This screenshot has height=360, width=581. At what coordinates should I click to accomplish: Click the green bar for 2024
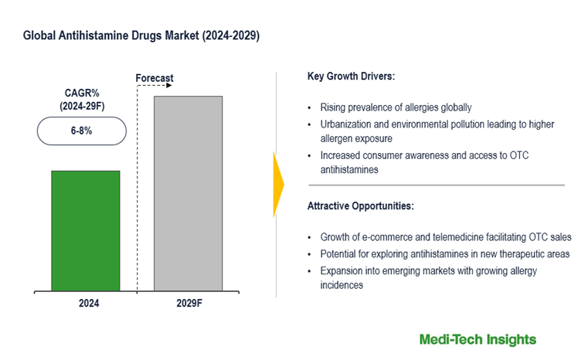point(86,231)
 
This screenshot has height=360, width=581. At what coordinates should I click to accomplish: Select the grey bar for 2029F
point(188,193)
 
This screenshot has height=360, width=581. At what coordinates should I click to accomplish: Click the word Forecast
point(155,78)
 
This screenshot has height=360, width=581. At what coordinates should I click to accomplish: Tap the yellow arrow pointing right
point(279,185)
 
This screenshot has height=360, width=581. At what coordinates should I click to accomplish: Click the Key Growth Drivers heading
point(352,77)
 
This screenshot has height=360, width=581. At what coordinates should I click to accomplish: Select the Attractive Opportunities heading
point(360,206)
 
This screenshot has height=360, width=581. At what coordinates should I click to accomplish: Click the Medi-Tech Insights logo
point(477,339)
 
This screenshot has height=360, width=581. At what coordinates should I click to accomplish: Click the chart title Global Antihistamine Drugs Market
point(141,36)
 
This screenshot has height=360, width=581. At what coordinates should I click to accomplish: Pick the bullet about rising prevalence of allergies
point(396,107)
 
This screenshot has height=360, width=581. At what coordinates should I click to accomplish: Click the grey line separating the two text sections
point(436,185)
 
